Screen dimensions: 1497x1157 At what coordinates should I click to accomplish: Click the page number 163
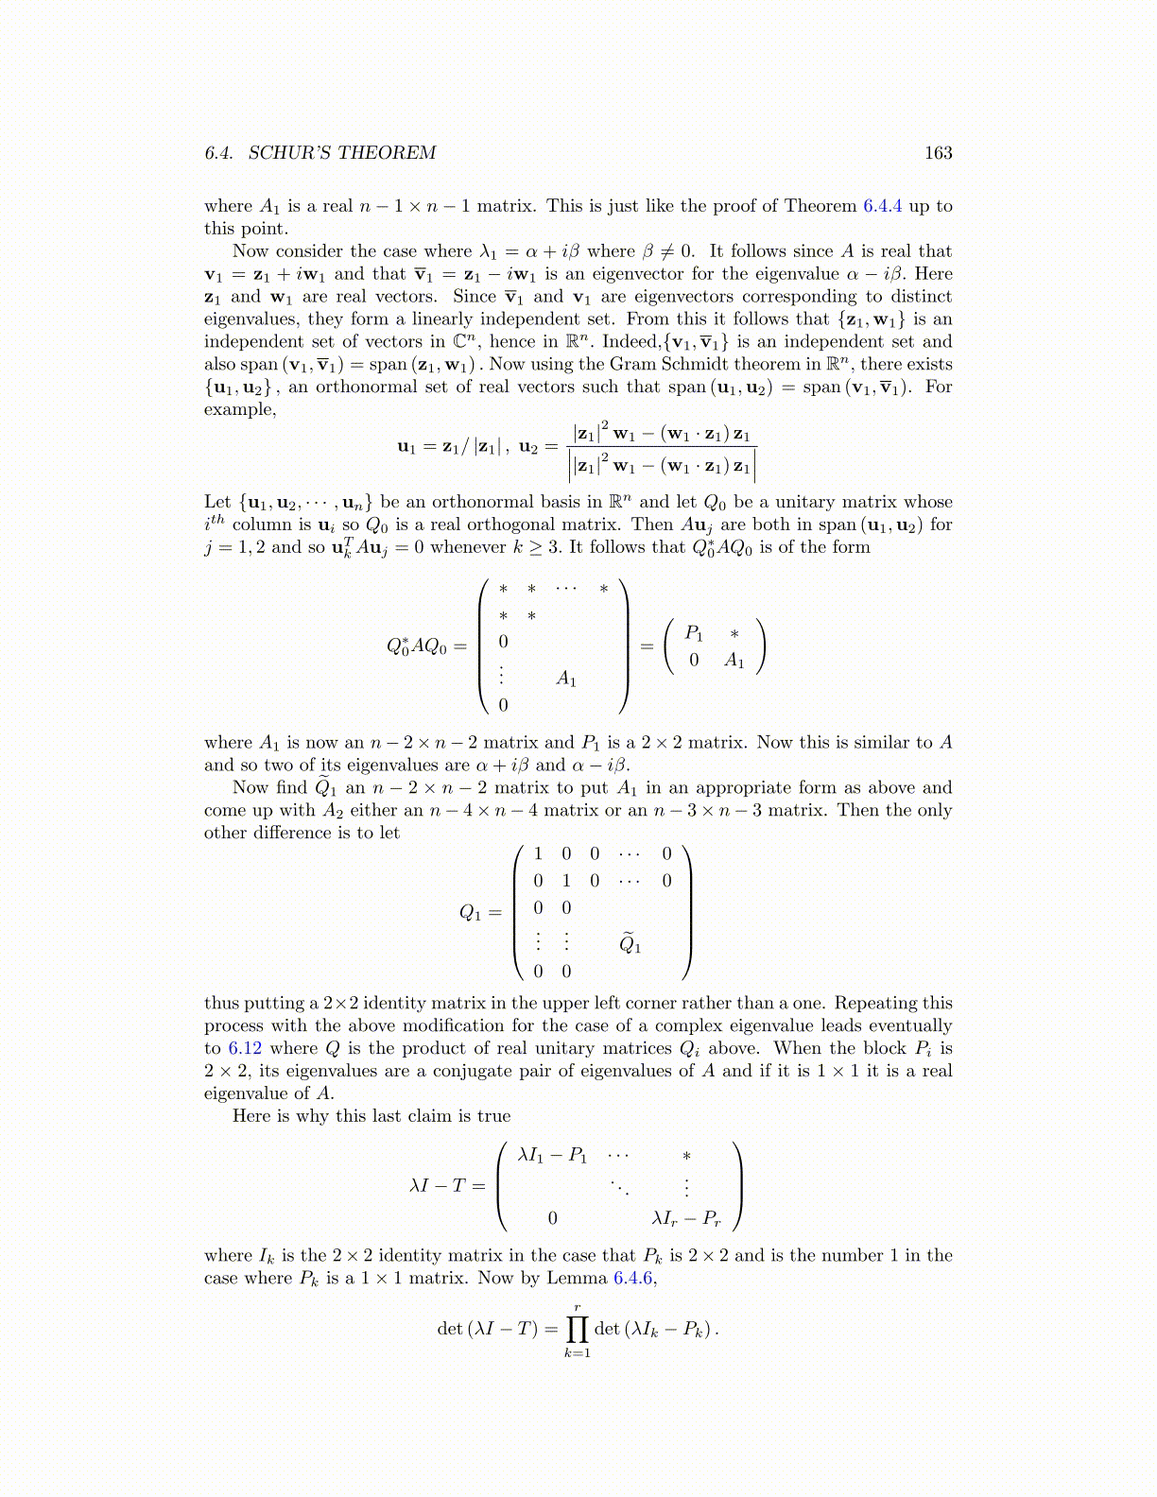click(938, 153)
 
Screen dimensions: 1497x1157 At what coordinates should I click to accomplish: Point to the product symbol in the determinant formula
click(577, 1329)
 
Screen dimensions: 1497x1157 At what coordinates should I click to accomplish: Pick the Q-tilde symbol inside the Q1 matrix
click(630, 943)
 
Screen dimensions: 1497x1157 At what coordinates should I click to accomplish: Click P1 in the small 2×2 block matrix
click(694, 633)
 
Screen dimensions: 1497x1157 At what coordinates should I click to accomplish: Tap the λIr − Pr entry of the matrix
click(686, 1219)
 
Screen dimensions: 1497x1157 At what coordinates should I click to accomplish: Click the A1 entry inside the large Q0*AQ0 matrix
click(566, 679)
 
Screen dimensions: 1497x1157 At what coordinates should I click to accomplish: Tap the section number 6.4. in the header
click(220, 153)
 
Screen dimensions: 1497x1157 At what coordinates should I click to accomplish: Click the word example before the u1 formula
click(239, 410)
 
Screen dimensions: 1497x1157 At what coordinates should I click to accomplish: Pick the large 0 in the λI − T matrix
click(553, 1219)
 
